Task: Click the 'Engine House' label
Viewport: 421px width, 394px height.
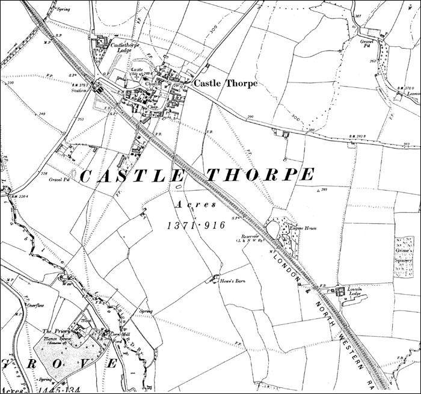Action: (x=304, y=229)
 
